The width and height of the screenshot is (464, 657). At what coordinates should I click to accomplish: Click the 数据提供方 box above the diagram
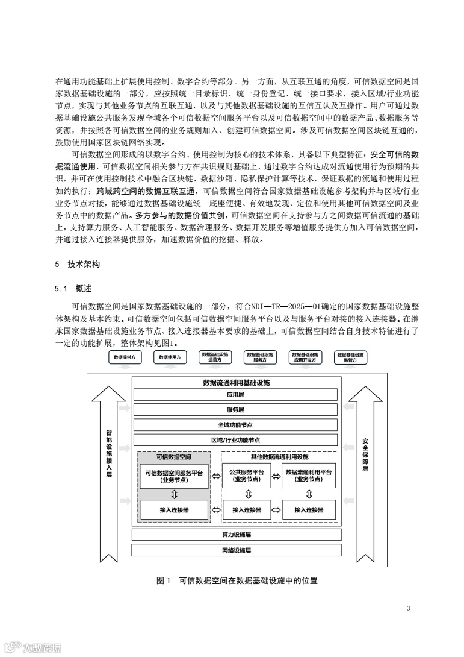[125, 357]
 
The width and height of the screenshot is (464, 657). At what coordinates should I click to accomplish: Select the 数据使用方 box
[170, 357]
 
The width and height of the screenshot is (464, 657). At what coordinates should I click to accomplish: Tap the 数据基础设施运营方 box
[215, 357]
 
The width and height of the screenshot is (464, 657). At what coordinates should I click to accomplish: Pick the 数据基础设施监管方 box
[351, 357]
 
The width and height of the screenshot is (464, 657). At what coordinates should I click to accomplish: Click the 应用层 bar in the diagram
[235, 395]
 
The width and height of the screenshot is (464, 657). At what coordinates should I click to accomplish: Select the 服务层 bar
[235, 410]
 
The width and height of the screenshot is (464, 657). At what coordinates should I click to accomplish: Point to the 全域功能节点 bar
[235, 425]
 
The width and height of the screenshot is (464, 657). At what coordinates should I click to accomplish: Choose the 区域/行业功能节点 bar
[235, 440]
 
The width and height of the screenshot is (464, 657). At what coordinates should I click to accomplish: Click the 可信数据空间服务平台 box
[174, 476]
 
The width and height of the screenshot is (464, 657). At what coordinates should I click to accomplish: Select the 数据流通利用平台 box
[309, 476]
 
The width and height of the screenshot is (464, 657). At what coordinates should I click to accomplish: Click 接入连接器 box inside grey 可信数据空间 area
[174, 509]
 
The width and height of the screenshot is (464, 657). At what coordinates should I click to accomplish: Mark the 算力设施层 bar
[235, 535]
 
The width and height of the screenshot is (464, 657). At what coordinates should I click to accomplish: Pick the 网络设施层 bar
[235, 550]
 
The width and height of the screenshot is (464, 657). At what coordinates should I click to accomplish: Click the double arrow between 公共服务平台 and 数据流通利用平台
[277, 476]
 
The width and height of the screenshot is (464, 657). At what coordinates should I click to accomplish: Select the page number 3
[408, 608]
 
